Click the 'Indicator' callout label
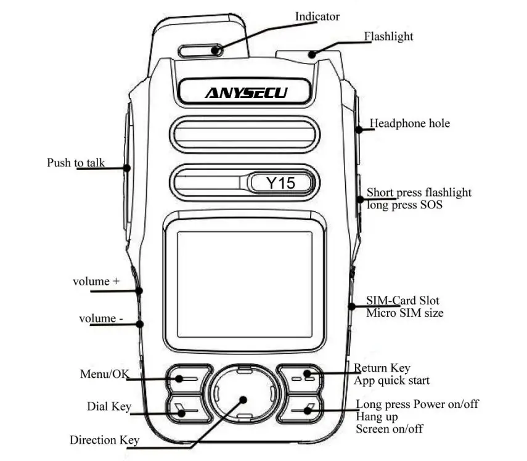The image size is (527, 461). [317, 17]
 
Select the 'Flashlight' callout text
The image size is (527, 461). [388, 36]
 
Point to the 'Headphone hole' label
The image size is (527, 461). [409, 124]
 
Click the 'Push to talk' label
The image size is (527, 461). [76, 163]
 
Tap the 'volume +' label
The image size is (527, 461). [96, 282]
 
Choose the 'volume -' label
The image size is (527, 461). [100, 319]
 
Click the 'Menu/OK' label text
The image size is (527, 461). [104, 374]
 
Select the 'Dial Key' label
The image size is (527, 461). [108, 407]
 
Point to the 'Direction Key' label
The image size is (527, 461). [104, 440]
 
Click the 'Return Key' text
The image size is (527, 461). [382, 369]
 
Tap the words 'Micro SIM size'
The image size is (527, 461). [405, 313]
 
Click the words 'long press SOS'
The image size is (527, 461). [404, 205]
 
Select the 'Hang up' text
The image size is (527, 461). [377, 417]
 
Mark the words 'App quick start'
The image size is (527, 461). [391, 380]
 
